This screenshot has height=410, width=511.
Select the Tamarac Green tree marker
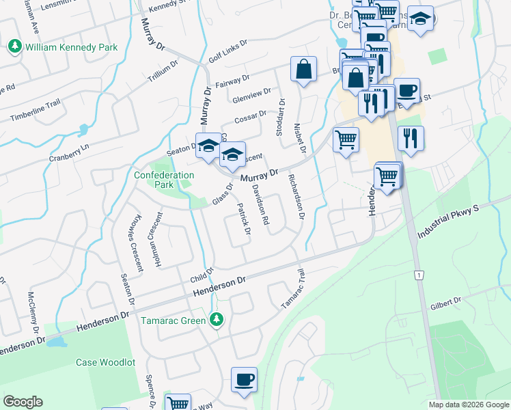[217, 320]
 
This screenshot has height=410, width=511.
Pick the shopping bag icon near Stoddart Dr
[303, 70]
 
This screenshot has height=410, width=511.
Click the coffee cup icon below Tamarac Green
[244, 380]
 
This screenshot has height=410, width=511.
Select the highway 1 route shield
[419, 275]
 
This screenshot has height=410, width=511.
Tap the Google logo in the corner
[23, 402]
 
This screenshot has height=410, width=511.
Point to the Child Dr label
[203, 275]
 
